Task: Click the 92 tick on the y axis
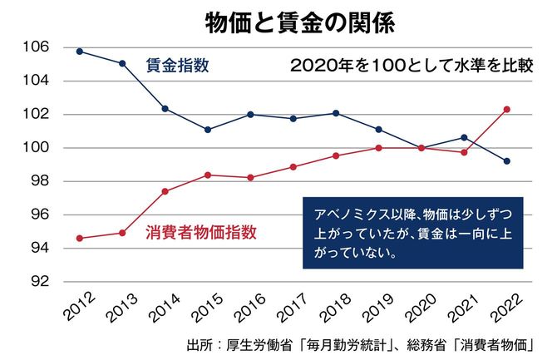[39, 281]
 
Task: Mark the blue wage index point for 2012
[79, 52]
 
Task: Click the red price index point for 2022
[507, 109]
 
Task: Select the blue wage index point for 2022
[507, 161]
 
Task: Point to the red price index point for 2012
[79, 239]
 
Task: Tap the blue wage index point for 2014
[165, 109]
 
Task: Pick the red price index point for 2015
[208, 175]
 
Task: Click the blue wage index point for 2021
[464, 137]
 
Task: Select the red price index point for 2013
[122, 233]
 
